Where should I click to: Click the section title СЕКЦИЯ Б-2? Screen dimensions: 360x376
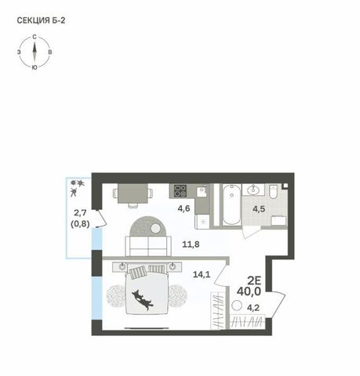(x=41, y=20)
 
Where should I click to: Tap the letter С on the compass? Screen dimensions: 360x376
(x=35, y=37)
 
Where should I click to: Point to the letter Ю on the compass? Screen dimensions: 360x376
(x=35, y=67)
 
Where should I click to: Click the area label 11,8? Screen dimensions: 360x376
(x=191, y=244)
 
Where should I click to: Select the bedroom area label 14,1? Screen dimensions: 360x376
(x=202, y=274)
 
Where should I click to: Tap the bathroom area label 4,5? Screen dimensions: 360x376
(x=259, y=209)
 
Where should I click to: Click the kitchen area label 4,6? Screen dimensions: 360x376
(x=184, y=208)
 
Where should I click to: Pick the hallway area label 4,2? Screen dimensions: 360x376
(x=253, y=308)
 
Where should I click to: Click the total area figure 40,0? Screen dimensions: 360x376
(x=249, y=291)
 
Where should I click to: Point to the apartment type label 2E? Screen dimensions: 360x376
(x=254, y=280)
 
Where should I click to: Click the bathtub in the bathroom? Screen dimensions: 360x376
(x=231, y=204)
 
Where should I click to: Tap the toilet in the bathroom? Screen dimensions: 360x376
(x=274, y=191)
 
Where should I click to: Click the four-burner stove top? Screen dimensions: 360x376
(x=180, y=190)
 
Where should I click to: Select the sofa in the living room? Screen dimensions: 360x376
(x=148, y=246)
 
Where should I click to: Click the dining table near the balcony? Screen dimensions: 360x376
(x=133, y=193)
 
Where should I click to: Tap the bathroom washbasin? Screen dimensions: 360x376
(x=253, y=190)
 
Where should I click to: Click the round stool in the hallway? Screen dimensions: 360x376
(x=237, y=305)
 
